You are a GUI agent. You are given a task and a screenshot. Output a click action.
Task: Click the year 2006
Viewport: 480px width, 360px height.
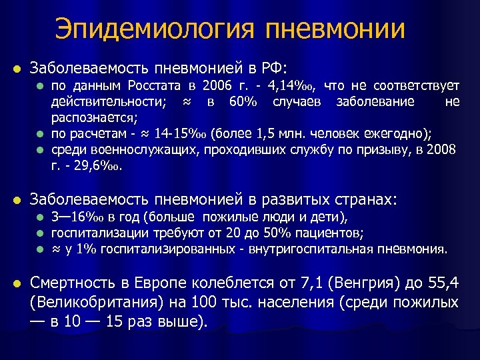(x=219, y=86)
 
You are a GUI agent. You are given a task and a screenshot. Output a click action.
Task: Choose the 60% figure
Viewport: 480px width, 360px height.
(x=243, y=101)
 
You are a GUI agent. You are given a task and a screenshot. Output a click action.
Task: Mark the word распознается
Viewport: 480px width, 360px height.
(x=93, y=116)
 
